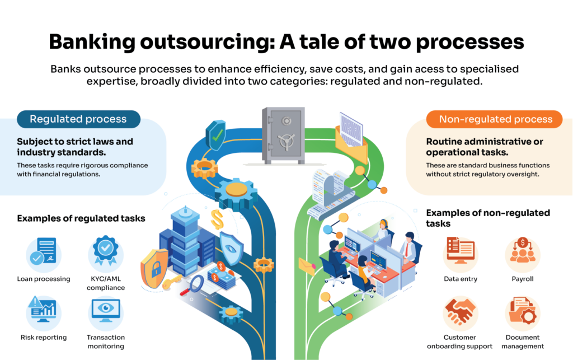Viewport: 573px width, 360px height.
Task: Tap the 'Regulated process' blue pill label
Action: [78, 119]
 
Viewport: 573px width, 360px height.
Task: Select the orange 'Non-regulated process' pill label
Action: [495, 119]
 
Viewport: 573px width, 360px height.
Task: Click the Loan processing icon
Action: [44, 253]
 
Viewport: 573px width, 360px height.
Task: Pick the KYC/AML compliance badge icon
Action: [105, 253]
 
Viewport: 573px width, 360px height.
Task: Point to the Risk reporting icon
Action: [44, 312]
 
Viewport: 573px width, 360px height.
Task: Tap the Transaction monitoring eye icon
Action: [105, 312]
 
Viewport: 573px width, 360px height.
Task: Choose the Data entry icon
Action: [460, 253]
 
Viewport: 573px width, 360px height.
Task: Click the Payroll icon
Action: [523, 253]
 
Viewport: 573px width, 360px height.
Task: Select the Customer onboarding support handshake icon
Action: [460, 312]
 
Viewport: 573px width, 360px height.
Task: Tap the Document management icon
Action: [523, 312]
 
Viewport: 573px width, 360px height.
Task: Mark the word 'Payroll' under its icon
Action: [523, 278]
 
